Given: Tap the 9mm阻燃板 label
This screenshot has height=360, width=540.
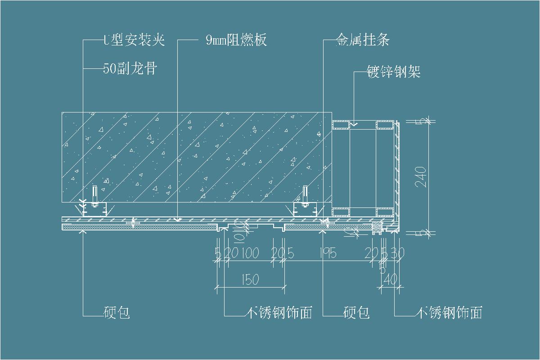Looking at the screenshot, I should [x=236, y=40].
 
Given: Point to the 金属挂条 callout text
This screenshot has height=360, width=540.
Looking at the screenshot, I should [x=363, y=40].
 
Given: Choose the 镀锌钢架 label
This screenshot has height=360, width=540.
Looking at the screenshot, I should [x=394, y=72].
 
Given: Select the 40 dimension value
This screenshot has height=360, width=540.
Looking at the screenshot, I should [x=391, y=279].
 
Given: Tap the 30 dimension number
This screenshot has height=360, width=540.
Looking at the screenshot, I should [x=398, y=253].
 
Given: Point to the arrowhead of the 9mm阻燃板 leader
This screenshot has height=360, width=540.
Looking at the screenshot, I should [x=178, y=220].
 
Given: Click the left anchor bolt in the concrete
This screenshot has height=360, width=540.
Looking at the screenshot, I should [x=94, y=196].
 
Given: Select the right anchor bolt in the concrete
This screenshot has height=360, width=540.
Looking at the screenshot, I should [x=306, y=196].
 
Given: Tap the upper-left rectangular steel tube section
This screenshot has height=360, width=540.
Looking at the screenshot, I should [x=341, y=125].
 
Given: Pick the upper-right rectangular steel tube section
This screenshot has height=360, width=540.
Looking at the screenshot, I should [x=385, y=125].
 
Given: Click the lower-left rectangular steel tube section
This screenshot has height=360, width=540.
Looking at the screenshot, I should [x=341, y=212].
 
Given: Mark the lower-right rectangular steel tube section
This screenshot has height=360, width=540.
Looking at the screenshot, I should [x=385, y=212].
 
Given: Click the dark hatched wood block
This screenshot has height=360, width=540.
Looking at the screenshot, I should [x=376, y=228].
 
